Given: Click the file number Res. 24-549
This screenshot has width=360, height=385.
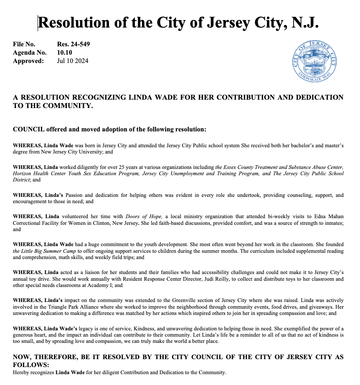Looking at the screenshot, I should click(73, 44).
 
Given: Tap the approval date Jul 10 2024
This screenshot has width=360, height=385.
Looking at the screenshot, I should click(72, 61).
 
